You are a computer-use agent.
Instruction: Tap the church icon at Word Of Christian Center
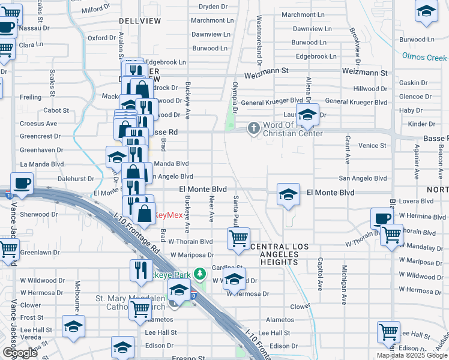pyautogui.click(x=254, y=128)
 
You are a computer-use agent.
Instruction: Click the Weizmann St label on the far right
pyautogui.click(x=366, y=72)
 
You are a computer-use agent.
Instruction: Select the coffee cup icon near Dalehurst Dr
pyautogui.click(x=22, y=183)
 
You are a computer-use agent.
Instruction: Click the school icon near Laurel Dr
pyautogui.click(x=307, y=114)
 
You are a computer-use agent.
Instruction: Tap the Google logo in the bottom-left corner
pyautogui.click(x=20, y=353)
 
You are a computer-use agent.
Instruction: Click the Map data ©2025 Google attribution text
pyautogui.click(x=412, y=355)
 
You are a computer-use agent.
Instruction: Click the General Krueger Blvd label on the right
pyautogui.click(x=356, y=102)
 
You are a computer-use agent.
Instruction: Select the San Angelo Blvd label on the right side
pyautogui.click(x=363, y=178)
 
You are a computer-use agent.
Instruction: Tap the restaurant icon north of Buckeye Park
pyautogui.click(x=141, y=269)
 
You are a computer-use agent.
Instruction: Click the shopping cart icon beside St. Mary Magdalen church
pyautogui.click(x=140, y=309)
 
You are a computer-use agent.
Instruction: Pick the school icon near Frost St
pyautogui.click(x=74, y=326)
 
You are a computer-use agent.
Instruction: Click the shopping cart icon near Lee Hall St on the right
pyautogui.click(x=388, y=331)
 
